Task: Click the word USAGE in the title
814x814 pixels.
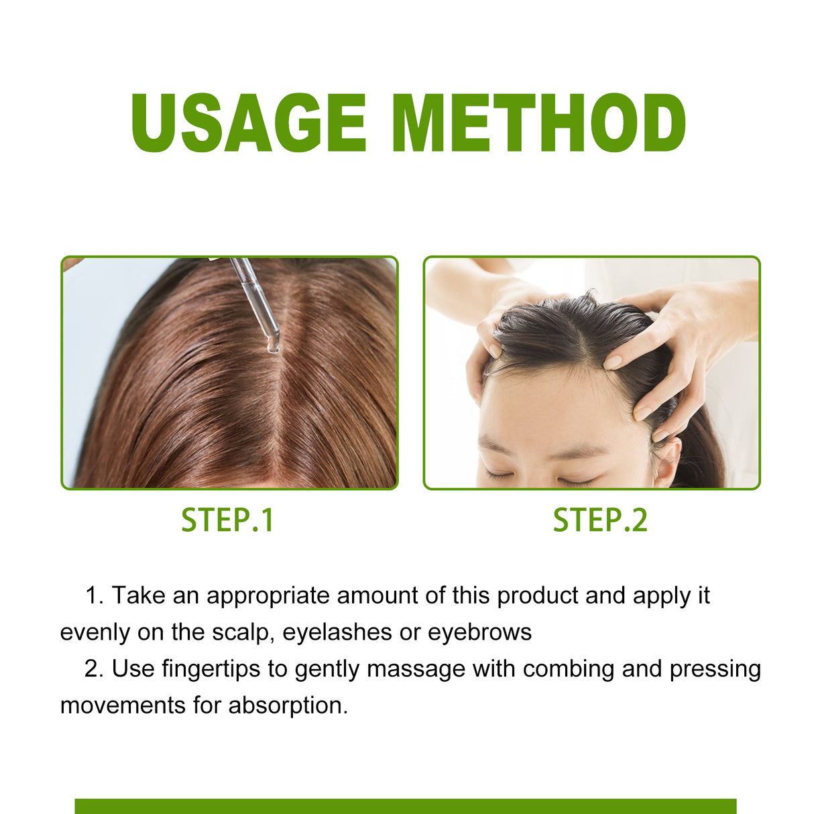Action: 249,123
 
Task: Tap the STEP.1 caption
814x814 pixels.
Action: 228,520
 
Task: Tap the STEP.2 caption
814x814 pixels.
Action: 600,520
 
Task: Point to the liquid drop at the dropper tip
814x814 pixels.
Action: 274,347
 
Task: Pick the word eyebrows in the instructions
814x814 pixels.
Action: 479,632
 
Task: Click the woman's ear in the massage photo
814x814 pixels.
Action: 667,463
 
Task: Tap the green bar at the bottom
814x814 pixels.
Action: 406,806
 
